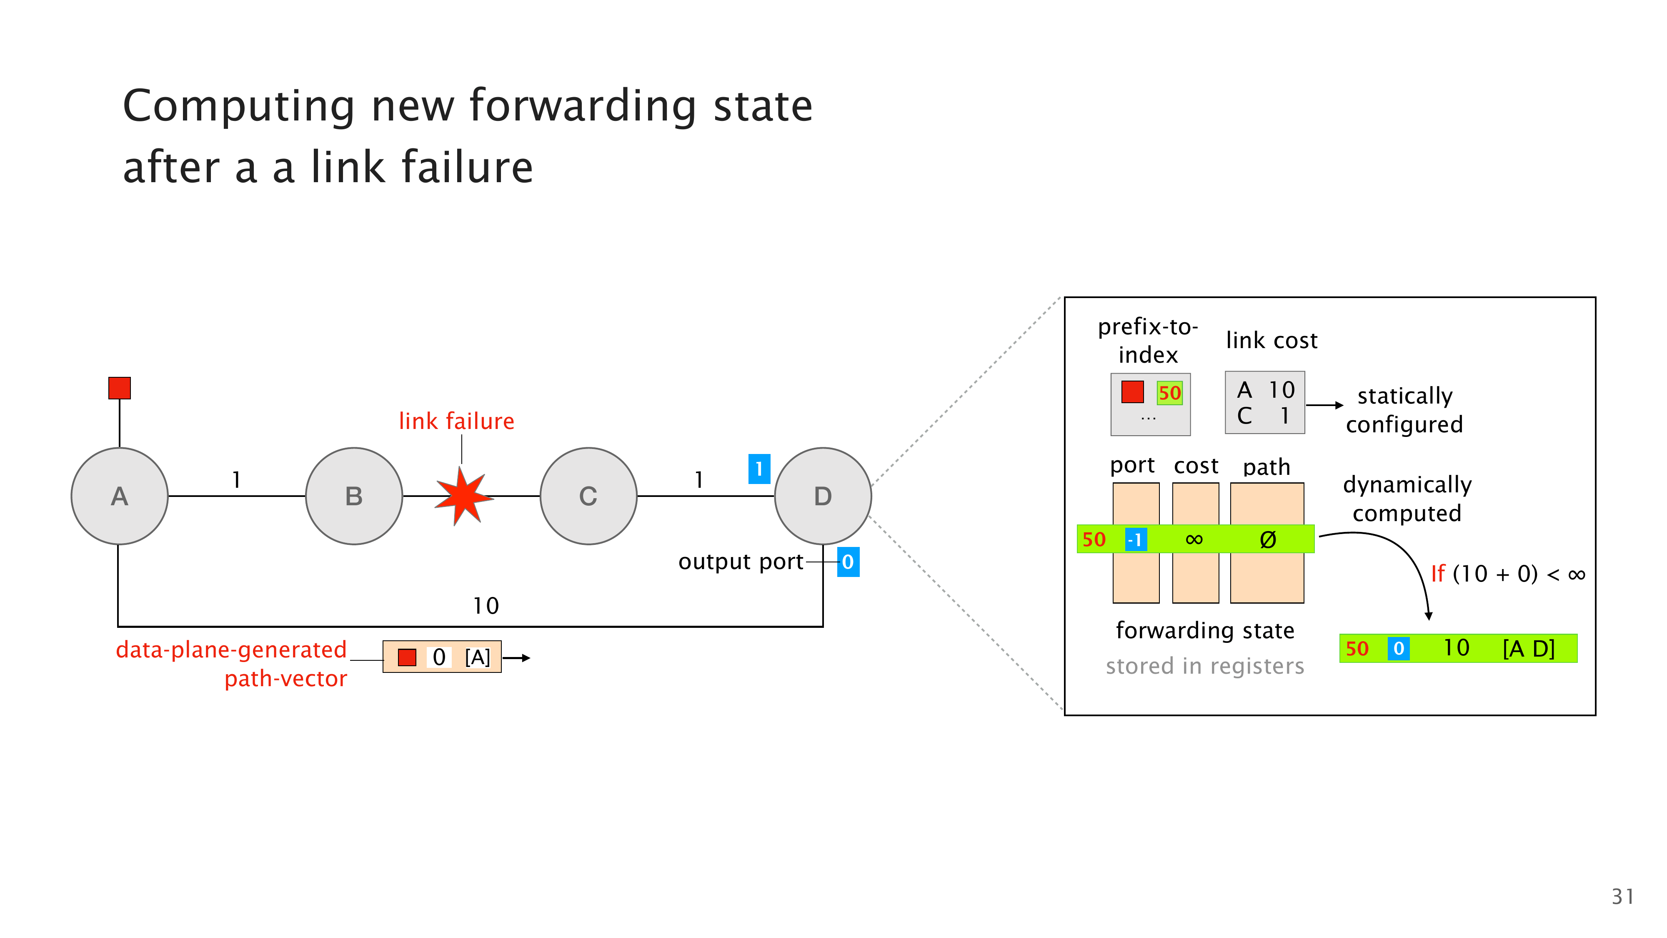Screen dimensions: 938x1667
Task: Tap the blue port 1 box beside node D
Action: tap(759, 469)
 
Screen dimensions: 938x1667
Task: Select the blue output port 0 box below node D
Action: tap(848, 562)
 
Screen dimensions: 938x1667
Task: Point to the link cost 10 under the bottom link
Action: tap(486, 606)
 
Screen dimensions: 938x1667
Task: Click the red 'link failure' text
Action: tap(456, 421)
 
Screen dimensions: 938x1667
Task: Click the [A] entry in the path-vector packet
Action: tap(478, 658)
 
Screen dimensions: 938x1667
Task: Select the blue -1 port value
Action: tap(1136, 539)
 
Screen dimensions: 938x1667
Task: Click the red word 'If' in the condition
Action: tap(1437, 574)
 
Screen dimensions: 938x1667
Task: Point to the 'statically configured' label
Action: tap(1404, 410)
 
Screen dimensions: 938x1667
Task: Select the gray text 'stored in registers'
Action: tap(1205, 666)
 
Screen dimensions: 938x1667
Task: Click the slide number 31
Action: tap(1622, 897)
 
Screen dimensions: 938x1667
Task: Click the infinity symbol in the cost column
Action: tap(1194, 539)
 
